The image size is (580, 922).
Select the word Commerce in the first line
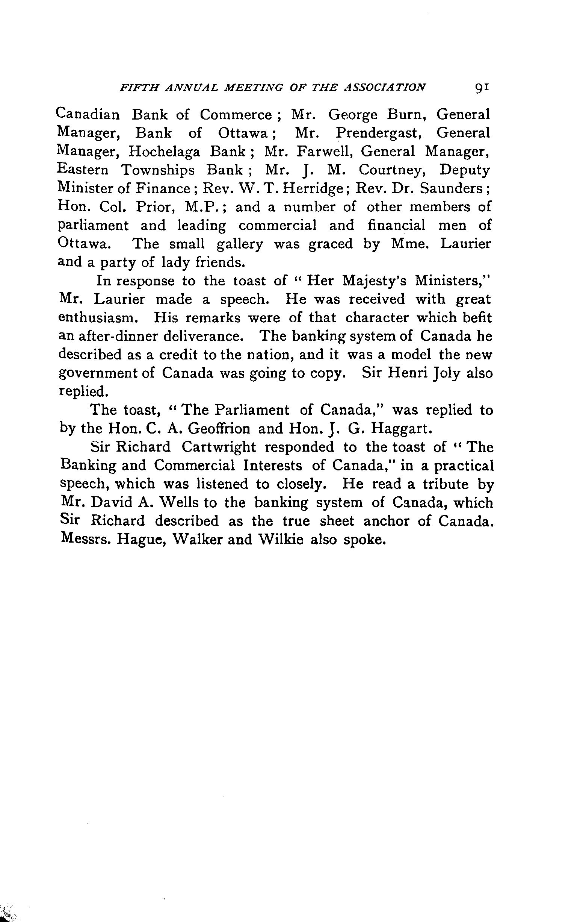(x=236, y=114)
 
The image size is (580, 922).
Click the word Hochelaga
(x=164, y=152)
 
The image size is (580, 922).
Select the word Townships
(x=158, y=170)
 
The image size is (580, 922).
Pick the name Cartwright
(x=217, y=447)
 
